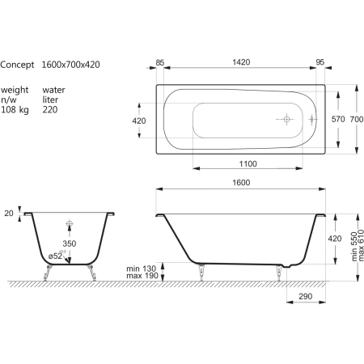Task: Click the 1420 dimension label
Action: (x=241, y=62)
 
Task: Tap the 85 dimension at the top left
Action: (x=160, y=62)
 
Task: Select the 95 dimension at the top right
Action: (x=320, y=62)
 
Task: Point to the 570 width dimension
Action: (x=338, y=119)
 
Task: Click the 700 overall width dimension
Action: (x=357, y=119)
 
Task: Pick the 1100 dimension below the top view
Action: (x=248, y=164)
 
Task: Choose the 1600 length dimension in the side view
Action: (x=241, y=183)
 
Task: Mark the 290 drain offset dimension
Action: (x=306, y=296)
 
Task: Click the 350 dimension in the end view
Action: (x=70, y=243)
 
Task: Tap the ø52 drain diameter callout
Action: (x=56, y=256)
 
